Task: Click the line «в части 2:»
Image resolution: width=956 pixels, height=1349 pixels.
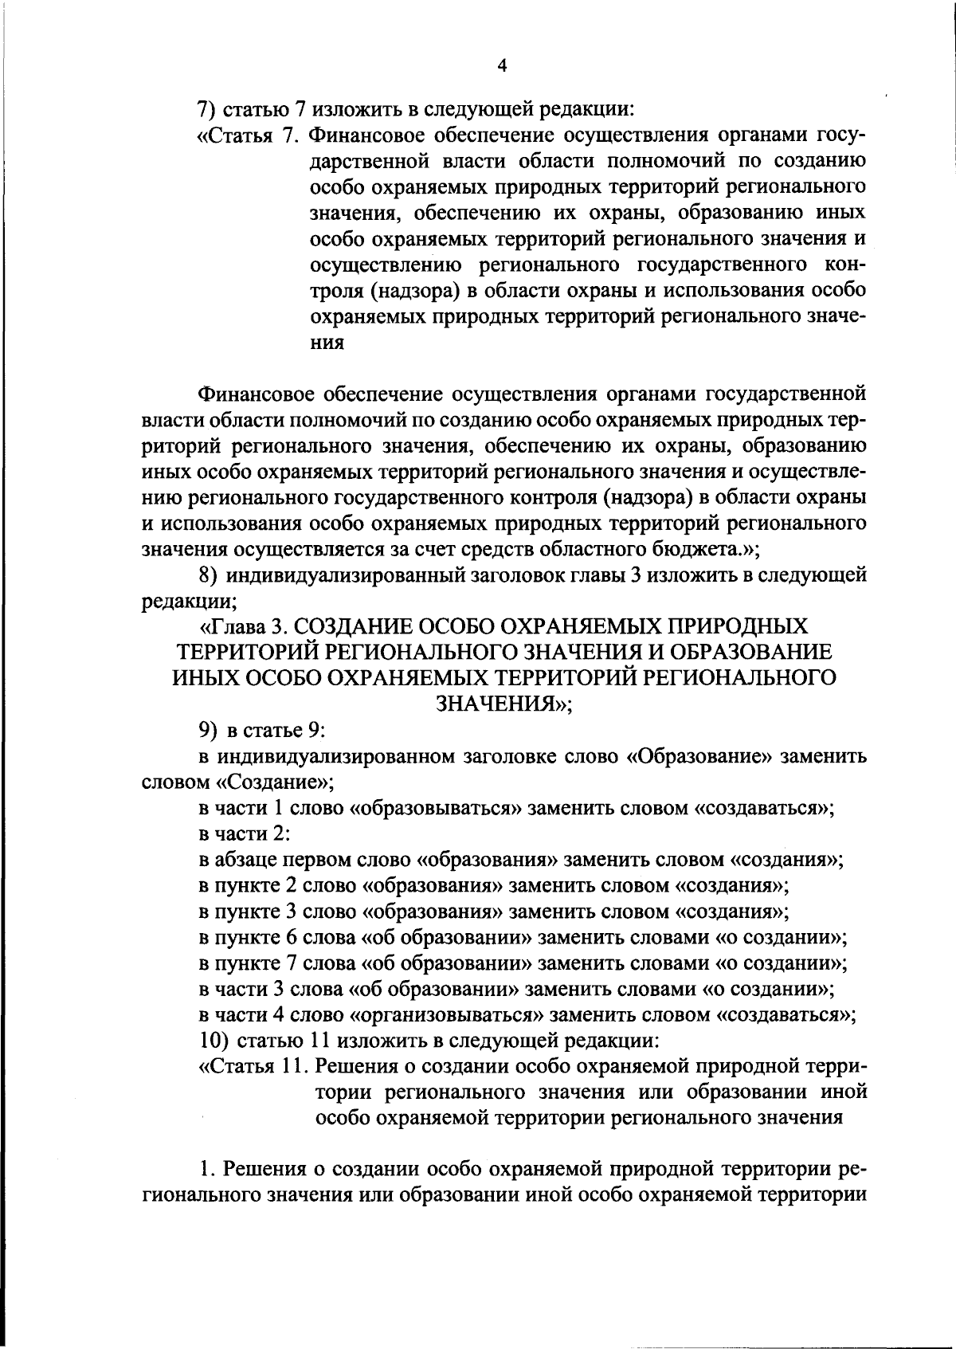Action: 243,833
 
